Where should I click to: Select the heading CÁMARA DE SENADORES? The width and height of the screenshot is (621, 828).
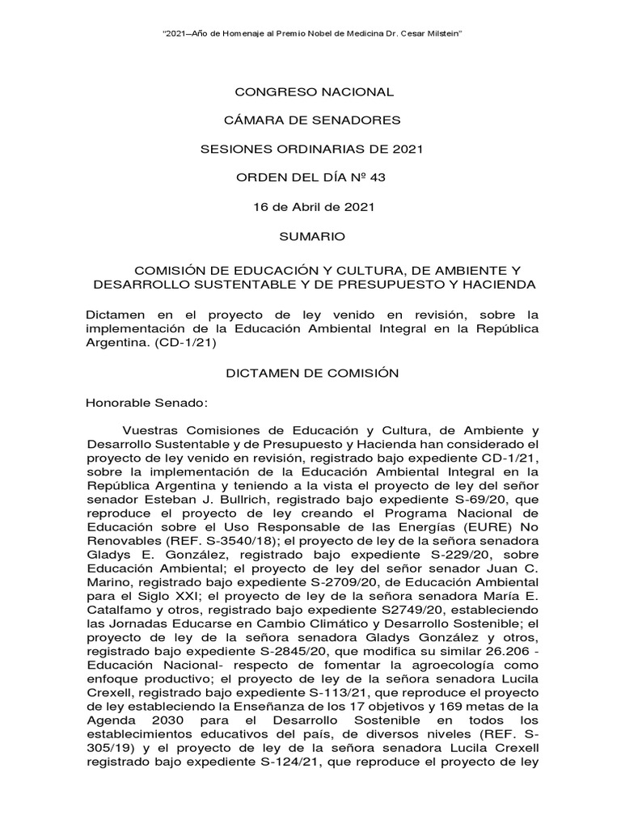click(x=312, y=120)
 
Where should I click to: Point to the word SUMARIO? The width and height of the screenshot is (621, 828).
click(x=312, y=236)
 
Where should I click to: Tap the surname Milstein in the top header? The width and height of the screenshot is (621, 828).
click(x=439, y=32)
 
